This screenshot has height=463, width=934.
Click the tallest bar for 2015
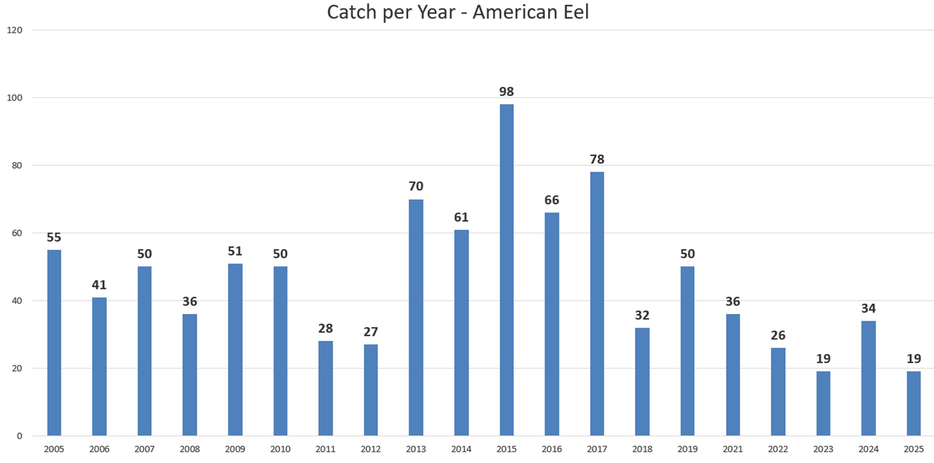click(506, 270)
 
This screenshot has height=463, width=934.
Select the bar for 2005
click(54, 343)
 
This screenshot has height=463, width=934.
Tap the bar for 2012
click(370, 390)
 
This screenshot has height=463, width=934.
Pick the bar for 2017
click(596, 304)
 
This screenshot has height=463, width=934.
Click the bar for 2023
click(823, 403)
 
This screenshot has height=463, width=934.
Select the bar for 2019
click(687, 351)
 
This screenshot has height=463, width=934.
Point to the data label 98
click(506, 92)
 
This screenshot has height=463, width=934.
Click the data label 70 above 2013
click(415, 186)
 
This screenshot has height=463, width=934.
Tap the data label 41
click(99, 285)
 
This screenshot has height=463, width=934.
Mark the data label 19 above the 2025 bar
click(914, 359)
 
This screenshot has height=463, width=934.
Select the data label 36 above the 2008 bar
click(189, 301)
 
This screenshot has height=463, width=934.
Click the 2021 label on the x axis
click(732, 449)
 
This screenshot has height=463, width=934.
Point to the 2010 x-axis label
click(280, 449)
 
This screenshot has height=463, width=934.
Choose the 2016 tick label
click(551, 449)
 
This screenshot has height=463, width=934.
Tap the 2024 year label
click(868, 449)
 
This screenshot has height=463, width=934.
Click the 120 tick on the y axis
click(15, 30)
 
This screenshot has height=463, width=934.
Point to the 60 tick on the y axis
click(17, 233)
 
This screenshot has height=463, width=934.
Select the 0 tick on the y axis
click(19, 436)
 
